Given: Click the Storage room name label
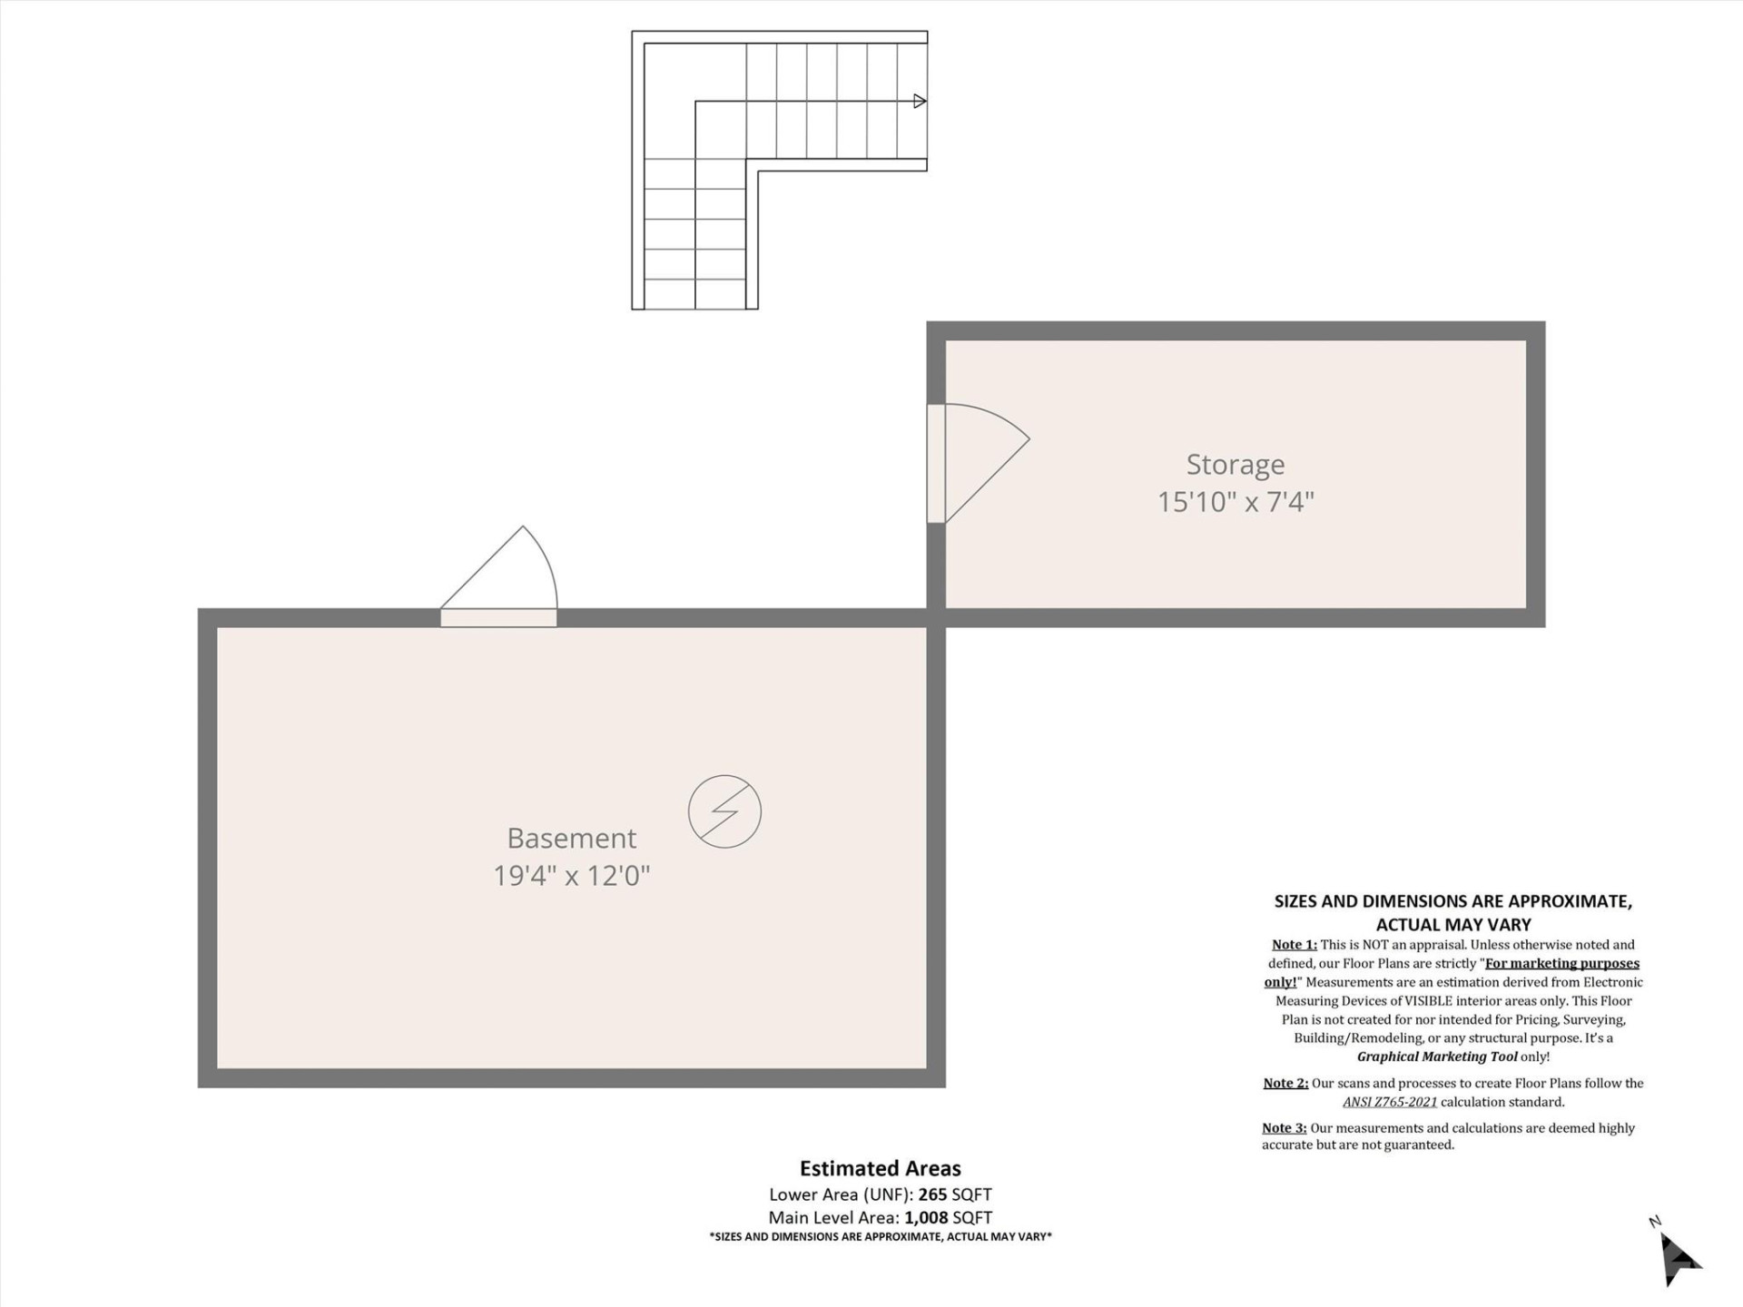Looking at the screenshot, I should [1235, 465].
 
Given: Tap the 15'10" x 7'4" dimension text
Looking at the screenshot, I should [1235, 502].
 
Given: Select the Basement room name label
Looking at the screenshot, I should [571, 838].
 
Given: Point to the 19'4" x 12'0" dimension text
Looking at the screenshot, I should [571, 876].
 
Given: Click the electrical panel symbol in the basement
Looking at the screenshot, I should [724, 811].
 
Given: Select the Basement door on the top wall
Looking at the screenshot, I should [498, 618].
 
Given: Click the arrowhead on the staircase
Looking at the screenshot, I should [919, 101].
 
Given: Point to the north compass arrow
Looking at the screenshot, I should [1679, 1260].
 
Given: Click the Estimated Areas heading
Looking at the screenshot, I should [880, 1169].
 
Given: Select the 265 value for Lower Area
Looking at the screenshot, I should [932, 1194].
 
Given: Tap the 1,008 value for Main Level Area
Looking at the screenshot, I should [926, 1218].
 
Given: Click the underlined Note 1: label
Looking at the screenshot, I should [1294, 945].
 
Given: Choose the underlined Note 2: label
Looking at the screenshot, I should [1285, 1083].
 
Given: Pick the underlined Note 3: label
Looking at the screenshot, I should [1284, 1128].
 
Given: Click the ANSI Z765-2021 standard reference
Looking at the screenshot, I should [1389, 1102].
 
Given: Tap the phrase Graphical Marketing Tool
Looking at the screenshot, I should [1436, 1056].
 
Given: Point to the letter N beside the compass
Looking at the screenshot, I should [1654, 1222].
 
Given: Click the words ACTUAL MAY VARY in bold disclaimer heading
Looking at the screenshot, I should [1452, 925].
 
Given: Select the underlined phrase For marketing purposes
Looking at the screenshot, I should [1561, 963].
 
